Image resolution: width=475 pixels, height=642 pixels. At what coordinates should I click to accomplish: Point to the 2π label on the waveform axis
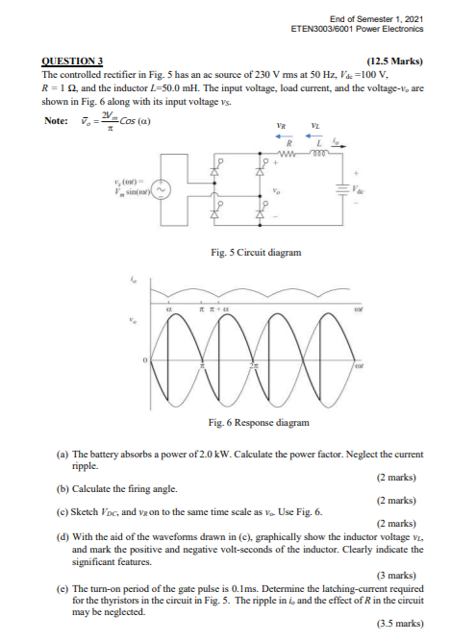coord(254,365)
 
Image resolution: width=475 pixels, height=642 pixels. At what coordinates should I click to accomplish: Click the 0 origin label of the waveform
coord(146,359)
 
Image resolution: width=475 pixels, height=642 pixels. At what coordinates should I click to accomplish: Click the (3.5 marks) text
coord(402,622)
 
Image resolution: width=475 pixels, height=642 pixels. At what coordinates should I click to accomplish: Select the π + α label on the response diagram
coord(220,310)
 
